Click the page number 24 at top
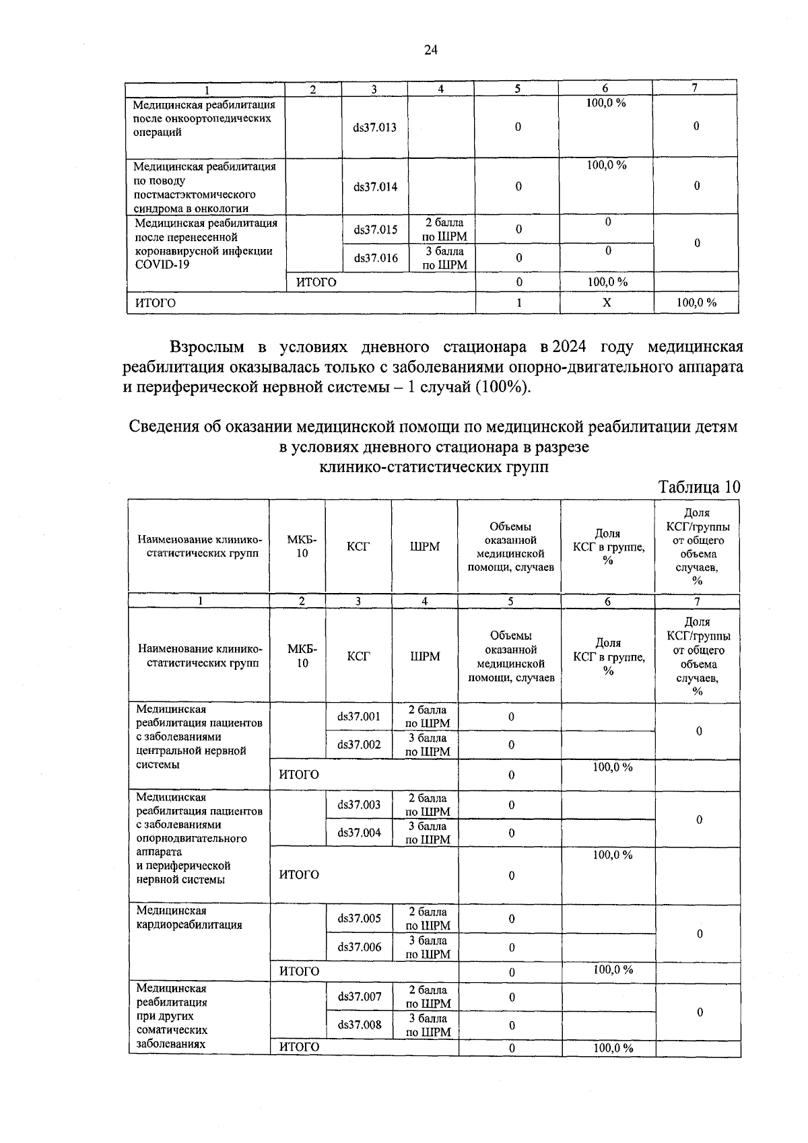click(431, 50)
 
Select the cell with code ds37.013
click(375, 127)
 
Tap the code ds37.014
click(375, 186)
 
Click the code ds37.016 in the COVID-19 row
click(375, 258)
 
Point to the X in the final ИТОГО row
click(607, 303)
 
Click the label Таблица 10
click(698, 487)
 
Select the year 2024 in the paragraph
click(568, 347)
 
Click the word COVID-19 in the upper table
click(162, 265)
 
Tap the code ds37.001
click(359, 716)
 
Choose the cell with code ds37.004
click(359, 833)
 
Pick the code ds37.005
click(359, 918)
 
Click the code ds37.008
click(359, 1025)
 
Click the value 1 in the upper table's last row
click(518, 303)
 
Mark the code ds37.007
click(359, 996)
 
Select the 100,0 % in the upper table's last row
click(696, 303)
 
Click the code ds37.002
click(359, 744)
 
